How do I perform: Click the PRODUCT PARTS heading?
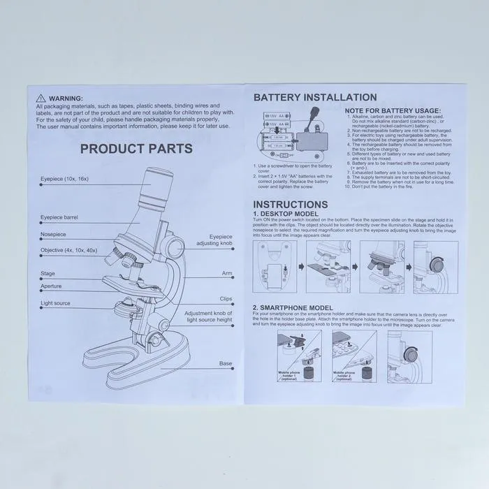136,149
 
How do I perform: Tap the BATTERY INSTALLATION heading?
315,98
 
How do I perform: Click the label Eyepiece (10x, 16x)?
65,180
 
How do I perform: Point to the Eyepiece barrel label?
59,218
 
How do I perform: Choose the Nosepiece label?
53,234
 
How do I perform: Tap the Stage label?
48,274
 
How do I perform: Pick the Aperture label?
51,286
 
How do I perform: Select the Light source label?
56,304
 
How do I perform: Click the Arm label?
227,274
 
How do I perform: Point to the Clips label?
226,298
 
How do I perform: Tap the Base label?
226,364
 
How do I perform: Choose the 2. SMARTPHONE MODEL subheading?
293,307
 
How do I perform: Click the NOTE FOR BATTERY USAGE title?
393,110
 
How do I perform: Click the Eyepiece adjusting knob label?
216,241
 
